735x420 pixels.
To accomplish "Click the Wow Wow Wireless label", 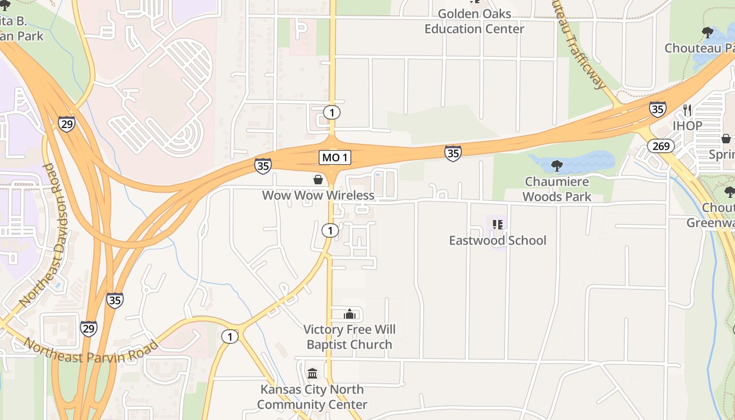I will click(x=318, y=195).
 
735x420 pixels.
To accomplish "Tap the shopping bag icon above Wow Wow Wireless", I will click(x=318, y=180).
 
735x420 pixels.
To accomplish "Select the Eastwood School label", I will click(x=497, y=240).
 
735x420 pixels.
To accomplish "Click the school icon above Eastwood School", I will click(x=498, y=225).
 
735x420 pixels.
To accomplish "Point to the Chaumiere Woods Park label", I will click(x=556, y=190).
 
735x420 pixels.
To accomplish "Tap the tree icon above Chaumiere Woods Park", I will click(x=556, y=166).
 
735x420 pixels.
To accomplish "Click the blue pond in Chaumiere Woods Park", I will click(x=583, y=162).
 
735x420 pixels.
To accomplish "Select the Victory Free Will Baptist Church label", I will click(x=349, y=337).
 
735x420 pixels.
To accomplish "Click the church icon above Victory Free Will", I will click(x=349, y=314).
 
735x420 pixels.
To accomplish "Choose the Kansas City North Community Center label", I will click(x=312, y=397).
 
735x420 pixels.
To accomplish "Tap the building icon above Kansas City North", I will click(x=312, y=373).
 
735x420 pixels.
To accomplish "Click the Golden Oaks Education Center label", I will click(x=474, y=22).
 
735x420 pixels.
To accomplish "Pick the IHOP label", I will click(x=687, y=126).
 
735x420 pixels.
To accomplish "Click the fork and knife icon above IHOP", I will click(x=687, y=110).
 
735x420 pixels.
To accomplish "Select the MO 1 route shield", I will click(x=334, y=157).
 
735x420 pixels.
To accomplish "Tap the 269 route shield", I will click(x=660, y=145).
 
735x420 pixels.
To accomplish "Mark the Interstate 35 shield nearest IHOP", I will click(x=657, y=109).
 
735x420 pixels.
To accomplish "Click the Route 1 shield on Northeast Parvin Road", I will click(x=229, y=336).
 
